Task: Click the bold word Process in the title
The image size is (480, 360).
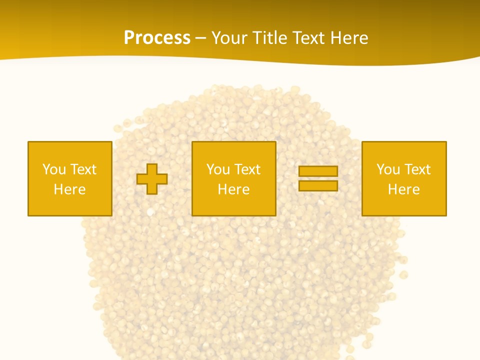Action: coord(157,37)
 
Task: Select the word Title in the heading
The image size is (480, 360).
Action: coord(269,37)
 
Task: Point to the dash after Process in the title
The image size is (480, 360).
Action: coord(201,38)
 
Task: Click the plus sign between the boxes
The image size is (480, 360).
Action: coord(152,178)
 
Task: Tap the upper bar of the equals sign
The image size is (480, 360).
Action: coord(318,171)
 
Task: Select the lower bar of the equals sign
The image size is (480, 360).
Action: coord(318,185)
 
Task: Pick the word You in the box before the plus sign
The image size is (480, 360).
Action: coord(54,169)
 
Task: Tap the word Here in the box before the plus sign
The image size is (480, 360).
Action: coord(69,189)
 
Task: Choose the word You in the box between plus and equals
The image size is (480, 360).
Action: coord(218,169)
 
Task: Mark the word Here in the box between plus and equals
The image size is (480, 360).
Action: coord(233,189)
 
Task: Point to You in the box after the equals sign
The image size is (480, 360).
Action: coord(388,169)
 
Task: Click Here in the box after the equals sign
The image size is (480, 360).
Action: coord(403,189)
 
